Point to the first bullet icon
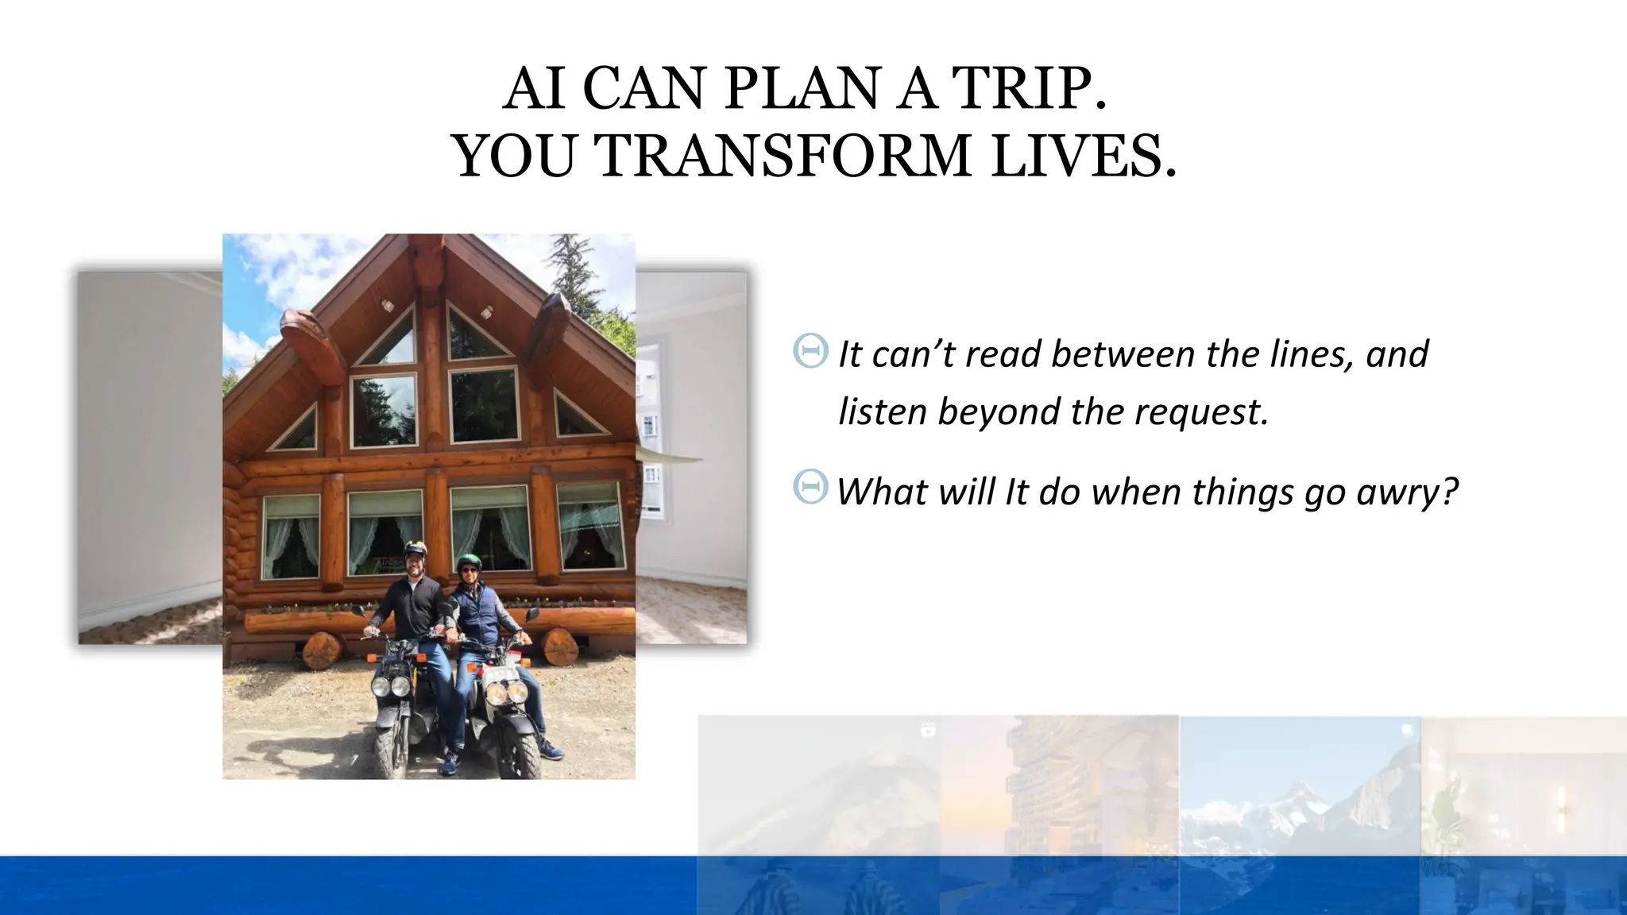810,350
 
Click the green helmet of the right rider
469,562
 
